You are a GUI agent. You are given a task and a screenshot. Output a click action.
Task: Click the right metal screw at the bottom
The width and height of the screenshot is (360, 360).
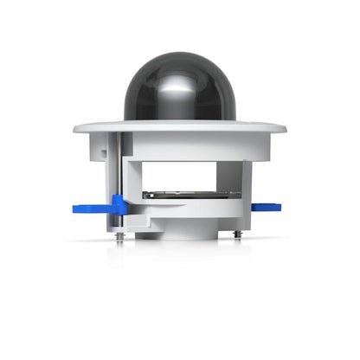[x=236, y=234]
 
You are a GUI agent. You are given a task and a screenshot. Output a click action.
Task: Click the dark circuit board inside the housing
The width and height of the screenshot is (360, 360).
[x=190, y=195]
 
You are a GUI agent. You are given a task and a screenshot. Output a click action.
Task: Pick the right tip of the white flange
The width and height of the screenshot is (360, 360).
[x=285, y=130]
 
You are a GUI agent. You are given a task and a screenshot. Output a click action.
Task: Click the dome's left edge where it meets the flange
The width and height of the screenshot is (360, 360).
[x=125, y=119]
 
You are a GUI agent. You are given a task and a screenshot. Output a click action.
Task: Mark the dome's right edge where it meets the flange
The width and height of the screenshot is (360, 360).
[x=233, y=119]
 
